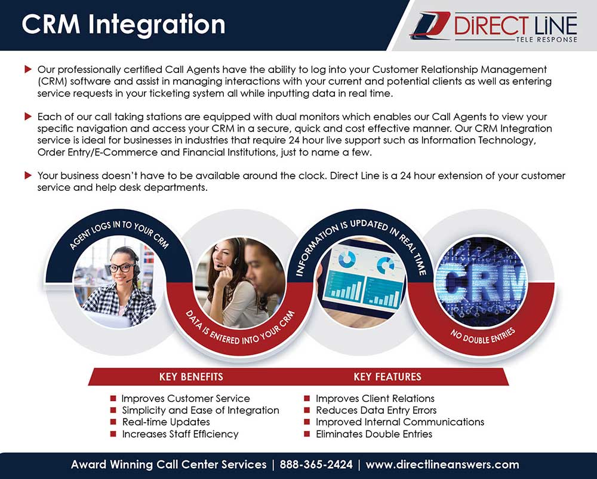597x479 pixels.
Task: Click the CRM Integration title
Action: point(124,25)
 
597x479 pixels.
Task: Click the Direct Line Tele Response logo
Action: point(494,27)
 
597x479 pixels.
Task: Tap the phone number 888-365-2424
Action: point(316,465)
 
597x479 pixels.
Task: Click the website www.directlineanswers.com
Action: point(442,465)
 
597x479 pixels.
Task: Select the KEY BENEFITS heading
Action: point(191,377)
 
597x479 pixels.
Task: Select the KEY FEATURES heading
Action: point(387,377)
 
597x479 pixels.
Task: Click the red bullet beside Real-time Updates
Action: point(113,422)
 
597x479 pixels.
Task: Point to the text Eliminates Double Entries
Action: point(374,434)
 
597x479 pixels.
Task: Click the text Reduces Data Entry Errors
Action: point(376,410)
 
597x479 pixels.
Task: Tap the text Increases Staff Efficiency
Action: point(180,434)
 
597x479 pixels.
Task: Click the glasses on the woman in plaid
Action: point(122,267)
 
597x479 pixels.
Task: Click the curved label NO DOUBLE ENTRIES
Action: point(483,335)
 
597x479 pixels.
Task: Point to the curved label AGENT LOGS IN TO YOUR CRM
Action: point(119,234)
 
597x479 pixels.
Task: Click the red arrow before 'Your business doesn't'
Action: point(28,175)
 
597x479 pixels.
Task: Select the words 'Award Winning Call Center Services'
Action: point(169,465)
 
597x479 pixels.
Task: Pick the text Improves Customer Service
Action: point(186,398)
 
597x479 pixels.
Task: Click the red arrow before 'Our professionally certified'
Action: point(28,69)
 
